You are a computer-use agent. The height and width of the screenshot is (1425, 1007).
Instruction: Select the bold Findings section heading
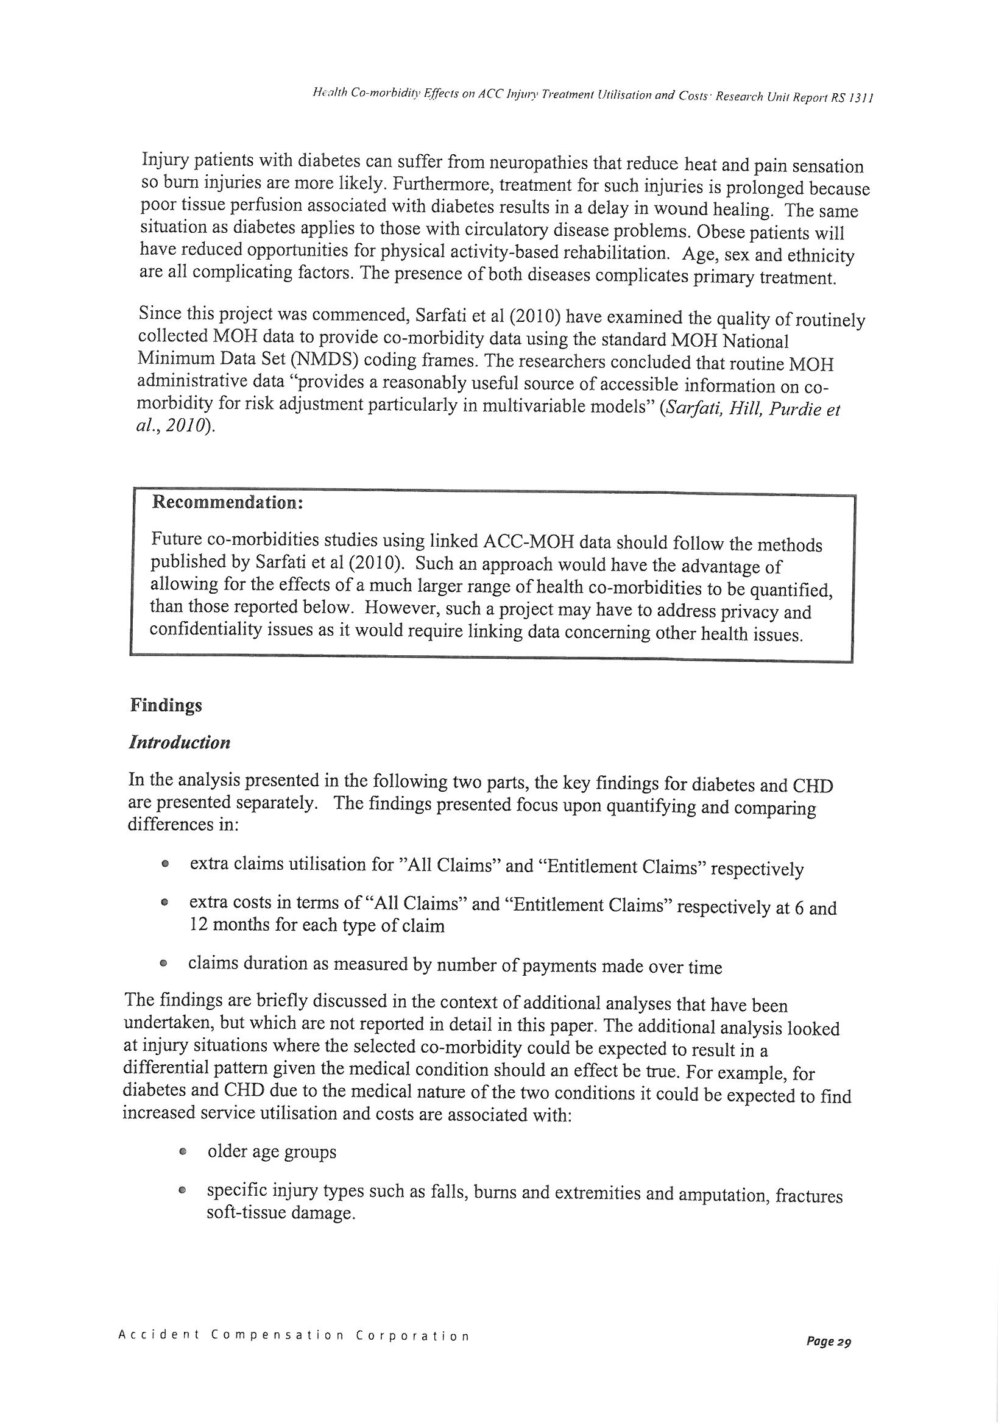click(x=166, y=706)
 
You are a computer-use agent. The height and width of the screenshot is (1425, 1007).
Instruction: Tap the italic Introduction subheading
click(x=179, y=742)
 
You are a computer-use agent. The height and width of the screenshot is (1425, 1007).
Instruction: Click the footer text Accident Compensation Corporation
click(x=294, y=1334)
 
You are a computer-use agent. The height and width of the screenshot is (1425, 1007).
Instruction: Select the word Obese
click(x=723, y=232)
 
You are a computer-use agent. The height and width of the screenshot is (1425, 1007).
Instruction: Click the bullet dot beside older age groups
click(x=182, y=1152)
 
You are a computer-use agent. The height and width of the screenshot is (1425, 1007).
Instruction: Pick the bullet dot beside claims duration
click(x=163, y=964)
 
